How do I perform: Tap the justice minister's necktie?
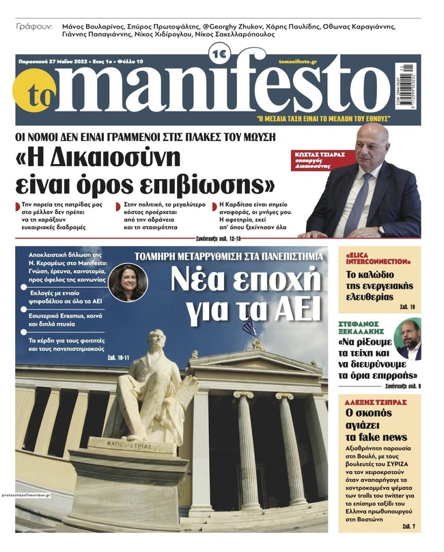coord(365,196)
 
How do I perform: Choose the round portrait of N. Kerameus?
coord(127,281)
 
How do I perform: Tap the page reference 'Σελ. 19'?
coord(408,306)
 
